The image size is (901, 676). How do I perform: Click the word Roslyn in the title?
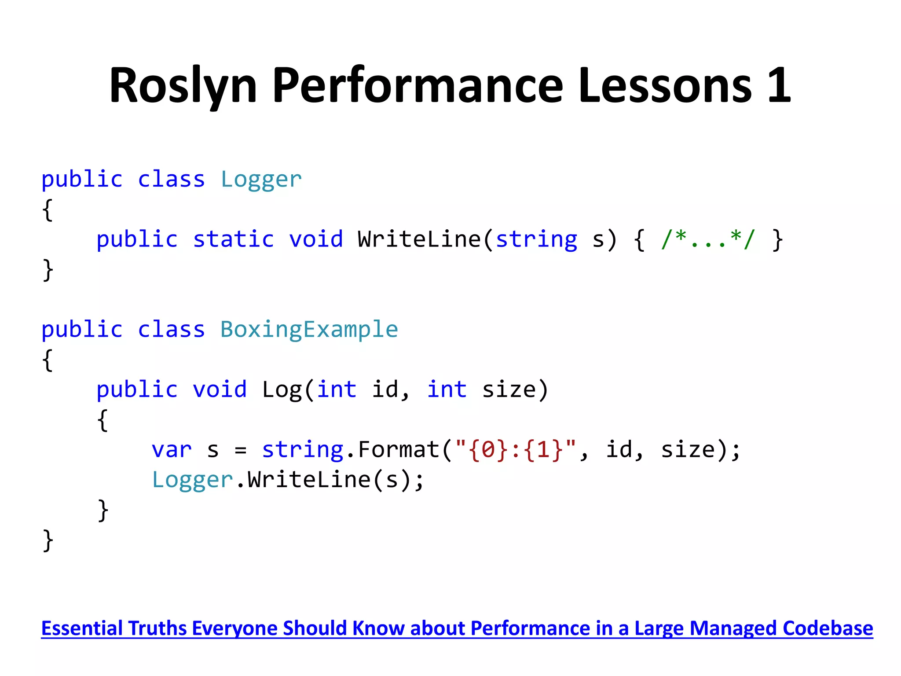[x=183, y=86]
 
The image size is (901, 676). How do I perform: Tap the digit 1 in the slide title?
[x=779, y=86]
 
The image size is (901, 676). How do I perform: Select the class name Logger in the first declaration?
[x=261, y=180]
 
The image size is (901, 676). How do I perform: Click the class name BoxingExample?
[x=309, y=330]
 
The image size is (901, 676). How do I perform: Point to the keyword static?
[x=233, y=240]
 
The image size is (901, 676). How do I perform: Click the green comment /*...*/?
[x=708, y=240]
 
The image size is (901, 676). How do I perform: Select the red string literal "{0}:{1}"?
[x=515, y=450]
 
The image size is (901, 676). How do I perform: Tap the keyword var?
[x=172, y=450]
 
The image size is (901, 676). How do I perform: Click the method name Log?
[x=282, y=390]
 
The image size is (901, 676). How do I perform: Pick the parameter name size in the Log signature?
[x=509, y=390]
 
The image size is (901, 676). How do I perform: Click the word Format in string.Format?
[x=399, y=450]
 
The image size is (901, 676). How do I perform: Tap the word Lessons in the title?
[x=665, y=86]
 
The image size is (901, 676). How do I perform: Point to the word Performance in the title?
[x=418, y=86]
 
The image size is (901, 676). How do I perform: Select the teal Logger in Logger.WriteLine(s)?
[x=192, y=480]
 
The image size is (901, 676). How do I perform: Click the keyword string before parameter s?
[x=536, y=240]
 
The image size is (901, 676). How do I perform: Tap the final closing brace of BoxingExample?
[x=48, y=540]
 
